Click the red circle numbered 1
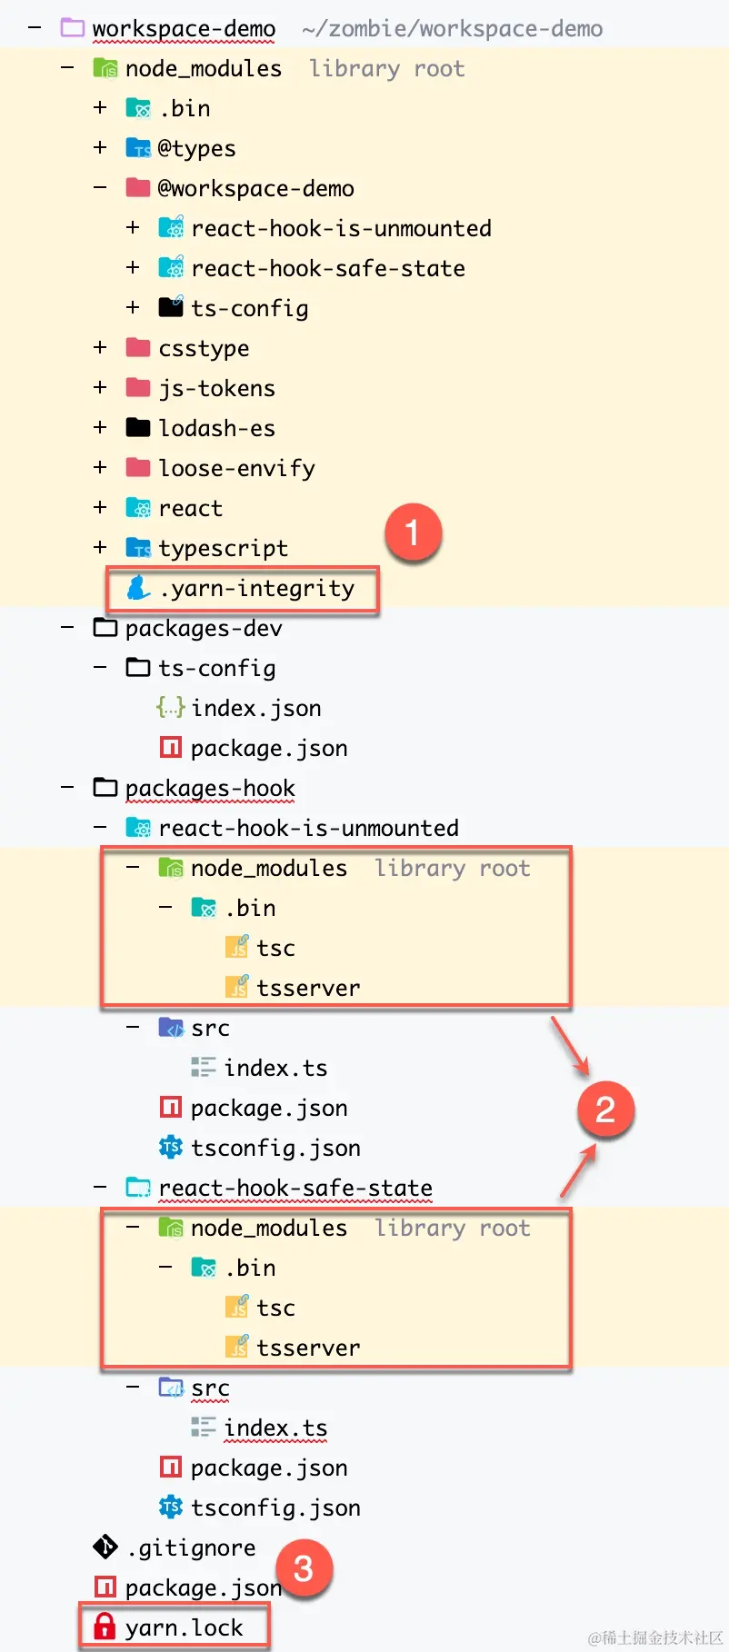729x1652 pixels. (413, 532)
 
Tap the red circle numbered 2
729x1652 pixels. (605, 1110)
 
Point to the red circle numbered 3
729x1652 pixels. (304, 1568)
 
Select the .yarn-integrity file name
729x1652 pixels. (256, 589)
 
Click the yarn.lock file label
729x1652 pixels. (184, 1627)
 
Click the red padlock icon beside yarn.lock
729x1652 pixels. (105, 1627)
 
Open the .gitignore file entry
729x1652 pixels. (192, 1548)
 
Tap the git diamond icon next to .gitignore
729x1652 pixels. (105, 1547)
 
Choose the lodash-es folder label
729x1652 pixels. (216, 428)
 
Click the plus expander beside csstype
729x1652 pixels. (100, 347)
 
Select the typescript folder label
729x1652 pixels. (223, 549)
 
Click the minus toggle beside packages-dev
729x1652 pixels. (67, 627)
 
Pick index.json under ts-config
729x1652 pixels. (256, 708)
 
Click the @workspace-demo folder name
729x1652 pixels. (255, 188)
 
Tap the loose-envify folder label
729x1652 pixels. (236, 469)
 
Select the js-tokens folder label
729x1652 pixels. (216, 389)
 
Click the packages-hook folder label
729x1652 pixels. (210, 789)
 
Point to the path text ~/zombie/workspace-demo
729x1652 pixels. (452, 29)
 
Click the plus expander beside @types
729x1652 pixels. (100, 147)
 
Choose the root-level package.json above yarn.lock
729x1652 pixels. (204, 1587)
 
